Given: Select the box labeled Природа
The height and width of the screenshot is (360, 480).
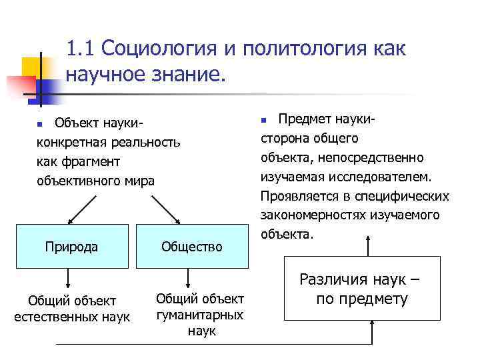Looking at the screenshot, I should [x=71, y=247].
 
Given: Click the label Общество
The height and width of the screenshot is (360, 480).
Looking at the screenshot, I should [x=192, y=247].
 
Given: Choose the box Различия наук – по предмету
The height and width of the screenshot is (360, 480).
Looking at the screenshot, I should [x=361, y=289].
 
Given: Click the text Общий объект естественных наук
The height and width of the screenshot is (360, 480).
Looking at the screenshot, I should [x=72, y=308].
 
